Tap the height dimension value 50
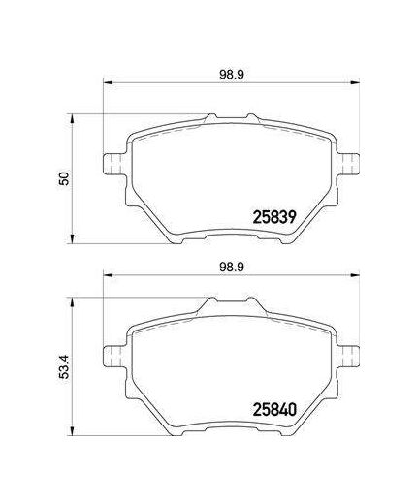[x=62, y=178]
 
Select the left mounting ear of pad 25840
[x=112, y=353]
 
